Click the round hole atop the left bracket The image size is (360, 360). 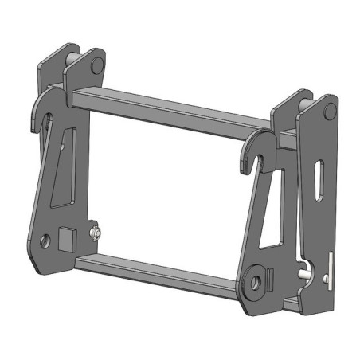96,64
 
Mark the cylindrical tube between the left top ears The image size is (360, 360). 76,61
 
